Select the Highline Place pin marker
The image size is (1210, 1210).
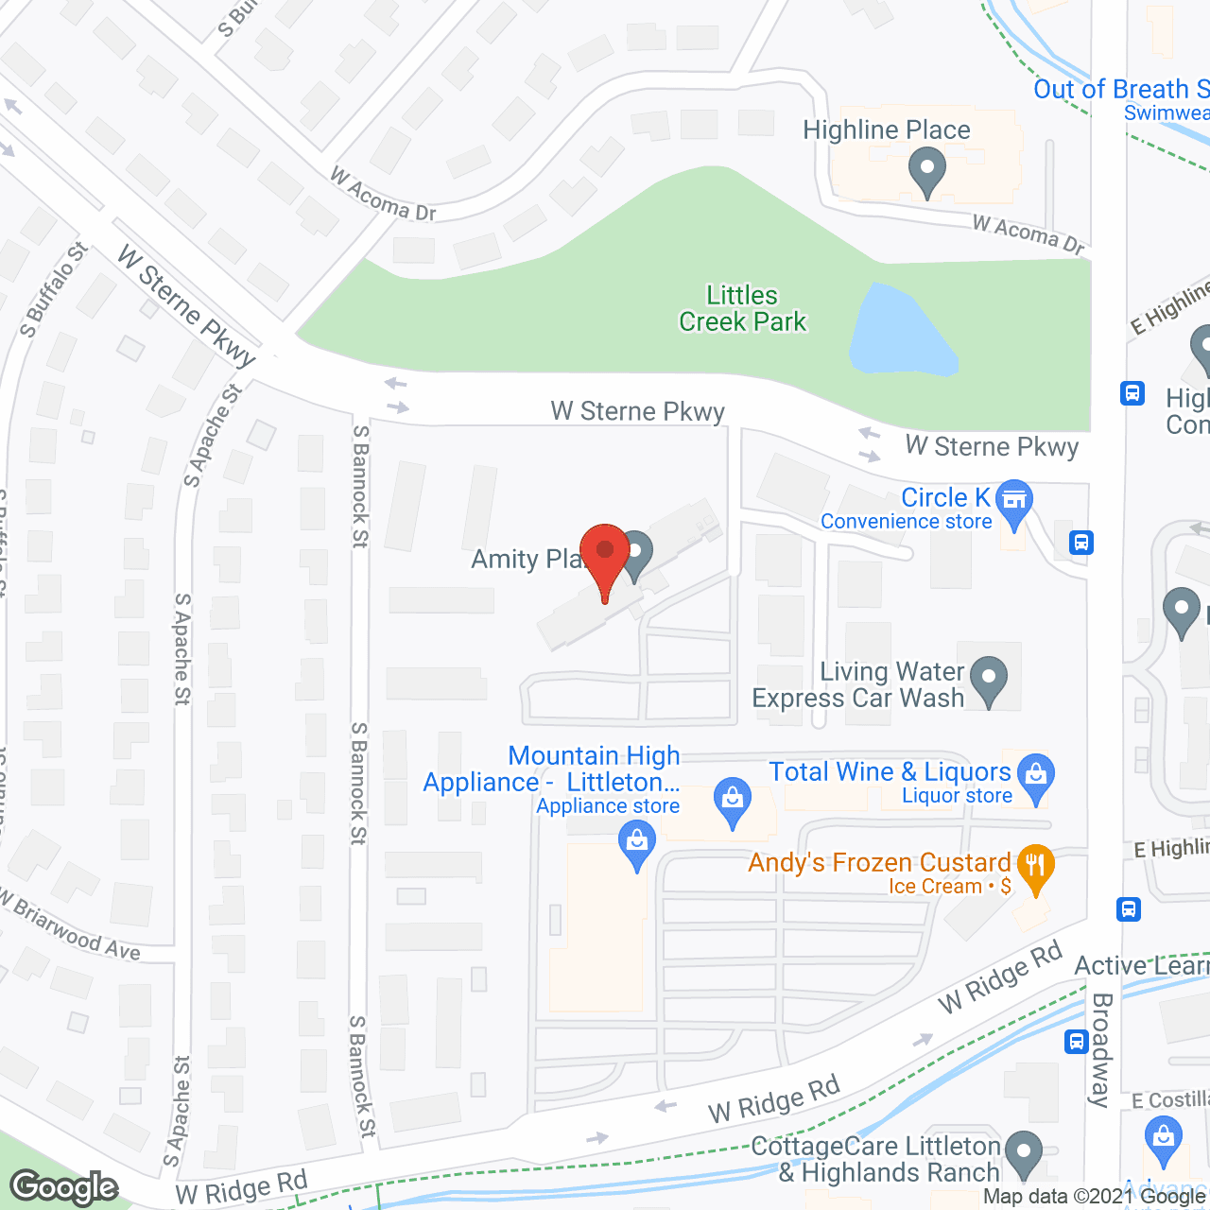[x=926, y=173]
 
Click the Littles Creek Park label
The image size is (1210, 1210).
[x=742, y=309]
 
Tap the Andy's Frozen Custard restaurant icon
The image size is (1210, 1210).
[x=1036, y=866]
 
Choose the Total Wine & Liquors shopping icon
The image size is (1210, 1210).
[x=1037, y=776]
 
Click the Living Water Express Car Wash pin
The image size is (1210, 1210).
[x=989, y=679]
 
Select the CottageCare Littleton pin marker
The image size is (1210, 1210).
[x=1023, y=1153]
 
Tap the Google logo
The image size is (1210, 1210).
[x=64, y=1187]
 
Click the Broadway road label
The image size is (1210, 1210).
[x=1101, y=1049]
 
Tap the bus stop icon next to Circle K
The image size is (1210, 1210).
[x=1081, y=543]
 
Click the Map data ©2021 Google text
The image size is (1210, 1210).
[x=1095, y=1197]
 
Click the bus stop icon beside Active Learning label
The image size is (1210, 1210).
[x=1076, y=1042]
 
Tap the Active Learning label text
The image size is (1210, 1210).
[x=1142, y=965]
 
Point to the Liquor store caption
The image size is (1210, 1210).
[x=957, y=796]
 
